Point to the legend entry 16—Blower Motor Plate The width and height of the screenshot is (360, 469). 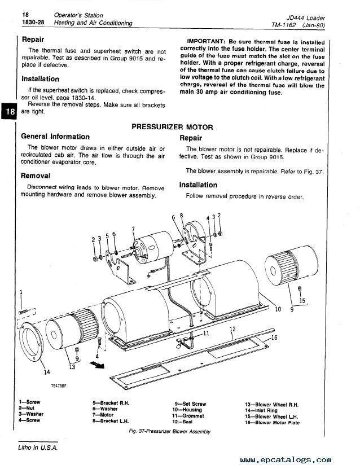point(273,422)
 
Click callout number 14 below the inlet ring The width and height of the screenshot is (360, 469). point(46,371)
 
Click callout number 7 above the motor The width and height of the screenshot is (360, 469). point(133,229)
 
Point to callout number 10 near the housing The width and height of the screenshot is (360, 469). point(278,309)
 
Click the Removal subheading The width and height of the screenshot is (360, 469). point(36,176)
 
